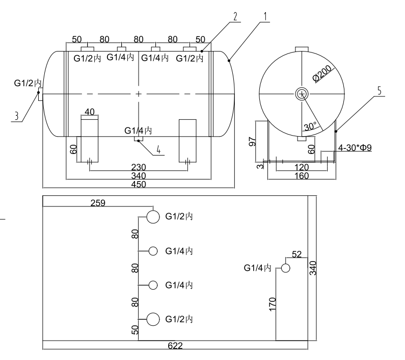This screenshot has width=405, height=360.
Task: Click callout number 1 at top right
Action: tap(265, 16)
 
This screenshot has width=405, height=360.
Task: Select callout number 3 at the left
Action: tap(16, 116)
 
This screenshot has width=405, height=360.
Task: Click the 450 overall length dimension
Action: tap(138, 185)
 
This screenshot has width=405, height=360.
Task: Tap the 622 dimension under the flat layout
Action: tap(175, 346)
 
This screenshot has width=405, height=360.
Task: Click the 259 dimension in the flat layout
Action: tap(97, 203)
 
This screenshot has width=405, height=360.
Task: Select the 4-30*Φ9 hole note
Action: tap(356, 148)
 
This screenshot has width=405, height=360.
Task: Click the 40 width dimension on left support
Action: tap(90, 112)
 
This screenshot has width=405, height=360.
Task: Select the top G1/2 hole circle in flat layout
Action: tap(153, 217)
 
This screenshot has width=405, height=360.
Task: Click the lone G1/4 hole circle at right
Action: tap(286, 268)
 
